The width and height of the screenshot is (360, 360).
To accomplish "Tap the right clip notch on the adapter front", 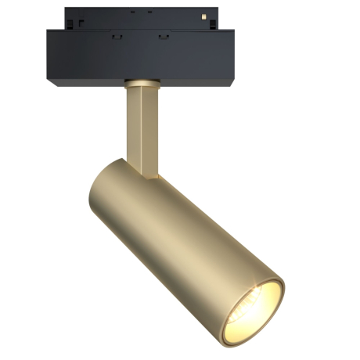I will [163, 34].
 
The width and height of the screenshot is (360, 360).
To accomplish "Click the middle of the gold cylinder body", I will [180, 235].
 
